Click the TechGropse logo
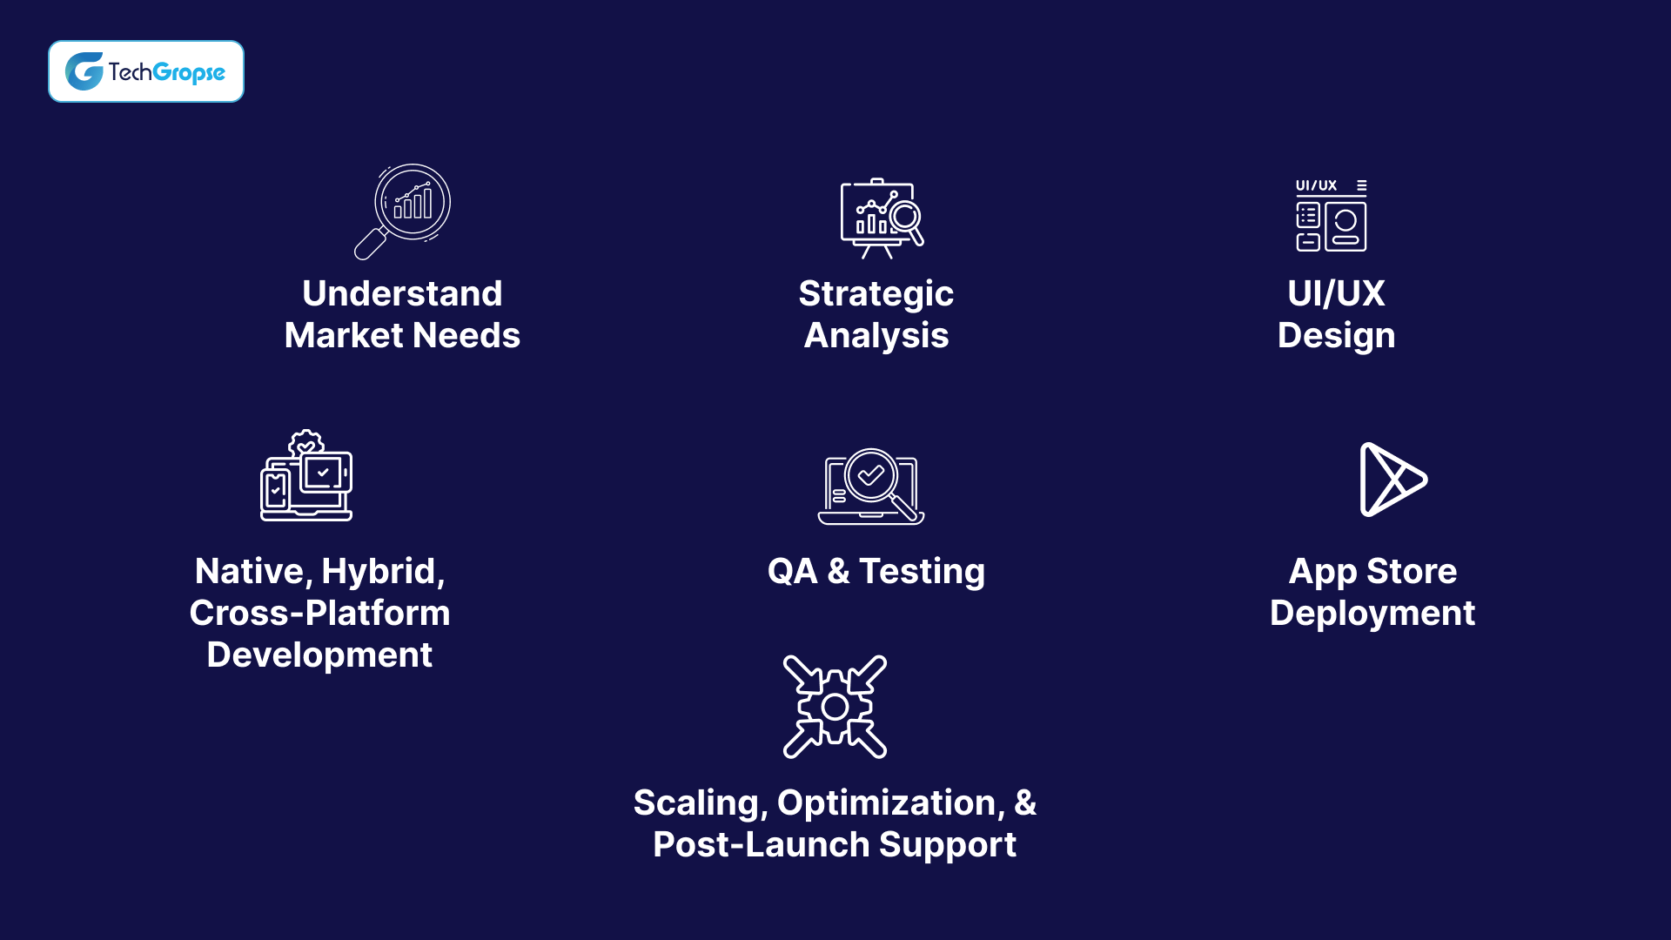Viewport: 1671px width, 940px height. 145,71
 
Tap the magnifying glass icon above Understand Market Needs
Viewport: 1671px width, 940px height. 403,211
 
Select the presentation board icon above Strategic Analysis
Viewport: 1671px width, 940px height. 881,218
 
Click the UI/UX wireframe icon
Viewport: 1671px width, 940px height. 1331,216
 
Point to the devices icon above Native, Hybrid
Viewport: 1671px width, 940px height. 306,476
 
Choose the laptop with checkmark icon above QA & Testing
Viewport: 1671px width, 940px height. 871,487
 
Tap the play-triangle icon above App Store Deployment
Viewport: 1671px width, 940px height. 1392,480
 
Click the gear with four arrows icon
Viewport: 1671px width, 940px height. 835,707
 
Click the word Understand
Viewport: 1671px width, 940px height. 402,294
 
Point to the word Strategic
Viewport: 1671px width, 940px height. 876,294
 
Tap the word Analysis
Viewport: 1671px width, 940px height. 876,336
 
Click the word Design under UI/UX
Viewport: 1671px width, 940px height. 1336,336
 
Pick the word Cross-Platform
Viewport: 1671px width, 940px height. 319,614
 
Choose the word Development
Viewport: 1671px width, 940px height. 319,655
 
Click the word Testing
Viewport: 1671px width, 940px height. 922,572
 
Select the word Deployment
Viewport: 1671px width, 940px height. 1372,614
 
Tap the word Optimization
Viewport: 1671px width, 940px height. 890,803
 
